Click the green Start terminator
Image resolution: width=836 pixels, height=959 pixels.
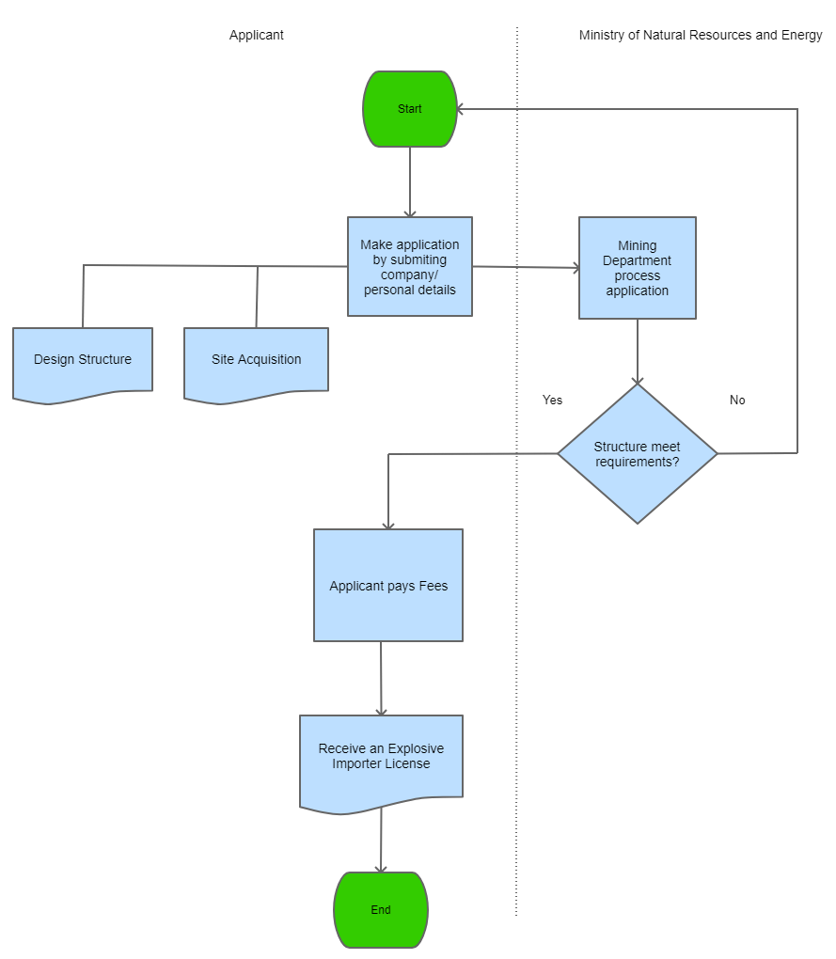410,109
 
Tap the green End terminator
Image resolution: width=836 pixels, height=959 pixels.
381,910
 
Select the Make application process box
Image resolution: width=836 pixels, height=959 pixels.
410,267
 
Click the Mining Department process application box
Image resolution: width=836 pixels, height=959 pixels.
638,268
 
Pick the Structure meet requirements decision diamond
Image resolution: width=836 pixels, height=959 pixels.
638,454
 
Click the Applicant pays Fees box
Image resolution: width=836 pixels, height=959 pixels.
388,586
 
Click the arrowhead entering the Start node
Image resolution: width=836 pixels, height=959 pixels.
463,109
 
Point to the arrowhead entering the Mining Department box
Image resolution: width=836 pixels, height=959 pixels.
574,268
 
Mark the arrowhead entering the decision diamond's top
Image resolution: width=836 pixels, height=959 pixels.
638,379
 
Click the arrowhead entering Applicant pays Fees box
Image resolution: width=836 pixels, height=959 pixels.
388,524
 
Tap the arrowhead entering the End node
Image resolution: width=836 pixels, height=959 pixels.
381,868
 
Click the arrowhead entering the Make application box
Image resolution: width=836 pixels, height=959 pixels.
410,212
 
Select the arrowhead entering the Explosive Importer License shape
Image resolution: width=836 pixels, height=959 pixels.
381,710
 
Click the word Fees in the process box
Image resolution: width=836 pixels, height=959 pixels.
434,586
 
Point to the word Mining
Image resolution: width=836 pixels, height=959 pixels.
638,245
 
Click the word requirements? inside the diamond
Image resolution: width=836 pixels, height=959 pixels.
638,462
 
